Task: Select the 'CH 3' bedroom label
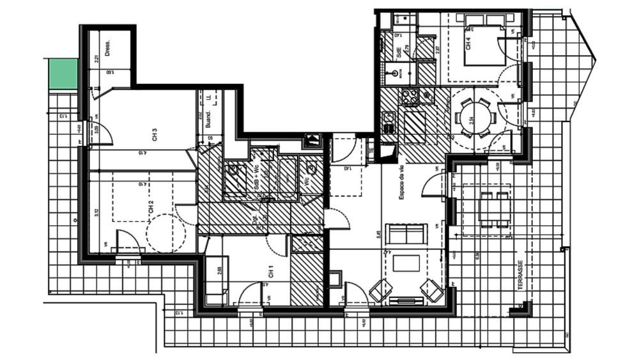tap(155, 135)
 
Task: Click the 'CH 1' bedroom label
tap(271, 272)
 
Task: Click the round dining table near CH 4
tap(475, 116)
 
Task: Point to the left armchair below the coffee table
tap(378, 290)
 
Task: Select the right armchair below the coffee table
tap(432, 290)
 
